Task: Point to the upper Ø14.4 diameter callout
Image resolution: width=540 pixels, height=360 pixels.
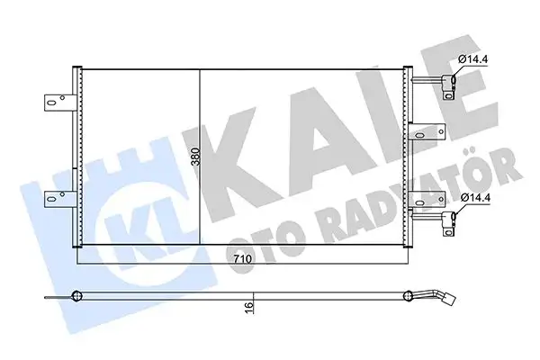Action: click(474, 61)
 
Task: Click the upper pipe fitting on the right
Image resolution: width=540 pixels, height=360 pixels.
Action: click(447, 86)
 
